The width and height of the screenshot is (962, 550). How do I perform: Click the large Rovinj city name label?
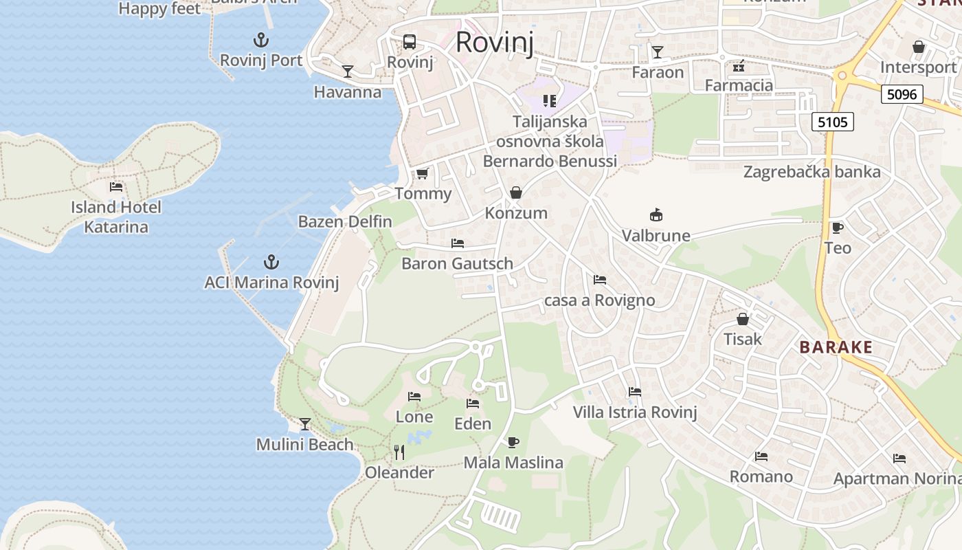[x=494, y=42]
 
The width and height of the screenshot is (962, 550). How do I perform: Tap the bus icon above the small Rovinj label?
[x=410, y=41]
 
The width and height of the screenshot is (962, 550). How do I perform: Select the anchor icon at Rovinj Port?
[x=261, y=39]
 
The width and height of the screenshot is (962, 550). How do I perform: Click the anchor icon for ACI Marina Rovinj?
[x=271, y=262]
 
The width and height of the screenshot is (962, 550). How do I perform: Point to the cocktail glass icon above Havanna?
[x=348, y=71]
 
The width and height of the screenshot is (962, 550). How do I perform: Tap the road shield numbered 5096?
[x=902, y=94]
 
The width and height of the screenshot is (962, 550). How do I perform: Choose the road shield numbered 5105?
[x=833, y=122]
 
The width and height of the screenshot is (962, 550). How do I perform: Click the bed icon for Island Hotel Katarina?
[x=116, y=186]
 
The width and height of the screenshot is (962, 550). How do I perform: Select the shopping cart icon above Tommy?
[x=422, y=173]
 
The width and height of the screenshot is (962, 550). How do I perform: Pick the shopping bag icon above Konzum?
[x=516, y=192]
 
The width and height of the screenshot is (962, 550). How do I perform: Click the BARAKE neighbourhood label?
[x=836, y=347]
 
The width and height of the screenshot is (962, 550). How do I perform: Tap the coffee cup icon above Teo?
[x=837, y=228]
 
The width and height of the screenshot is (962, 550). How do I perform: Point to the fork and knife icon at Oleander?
[x=399, y=452]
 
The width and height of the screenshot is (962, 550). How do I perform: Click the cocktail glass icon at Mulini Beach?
[x=304, y=423]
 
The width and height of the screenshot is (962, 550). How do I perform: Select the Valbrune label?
[x=656, y=236]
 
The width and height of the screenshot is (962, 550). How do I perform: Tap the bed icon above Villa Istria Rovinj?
[x=635, y=392]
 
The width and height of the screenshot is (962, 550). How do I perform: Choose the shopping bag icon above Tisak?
[x=743, y=319]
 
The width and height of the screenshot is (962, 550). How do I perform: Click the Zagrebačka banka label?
[x=812, y=172]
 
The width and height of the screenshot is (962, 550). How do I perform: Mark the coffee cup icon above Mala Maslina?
[x=513, y=442]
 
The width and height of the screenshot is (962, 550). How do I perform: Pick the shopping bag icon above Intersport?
[x=919, y=47]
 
